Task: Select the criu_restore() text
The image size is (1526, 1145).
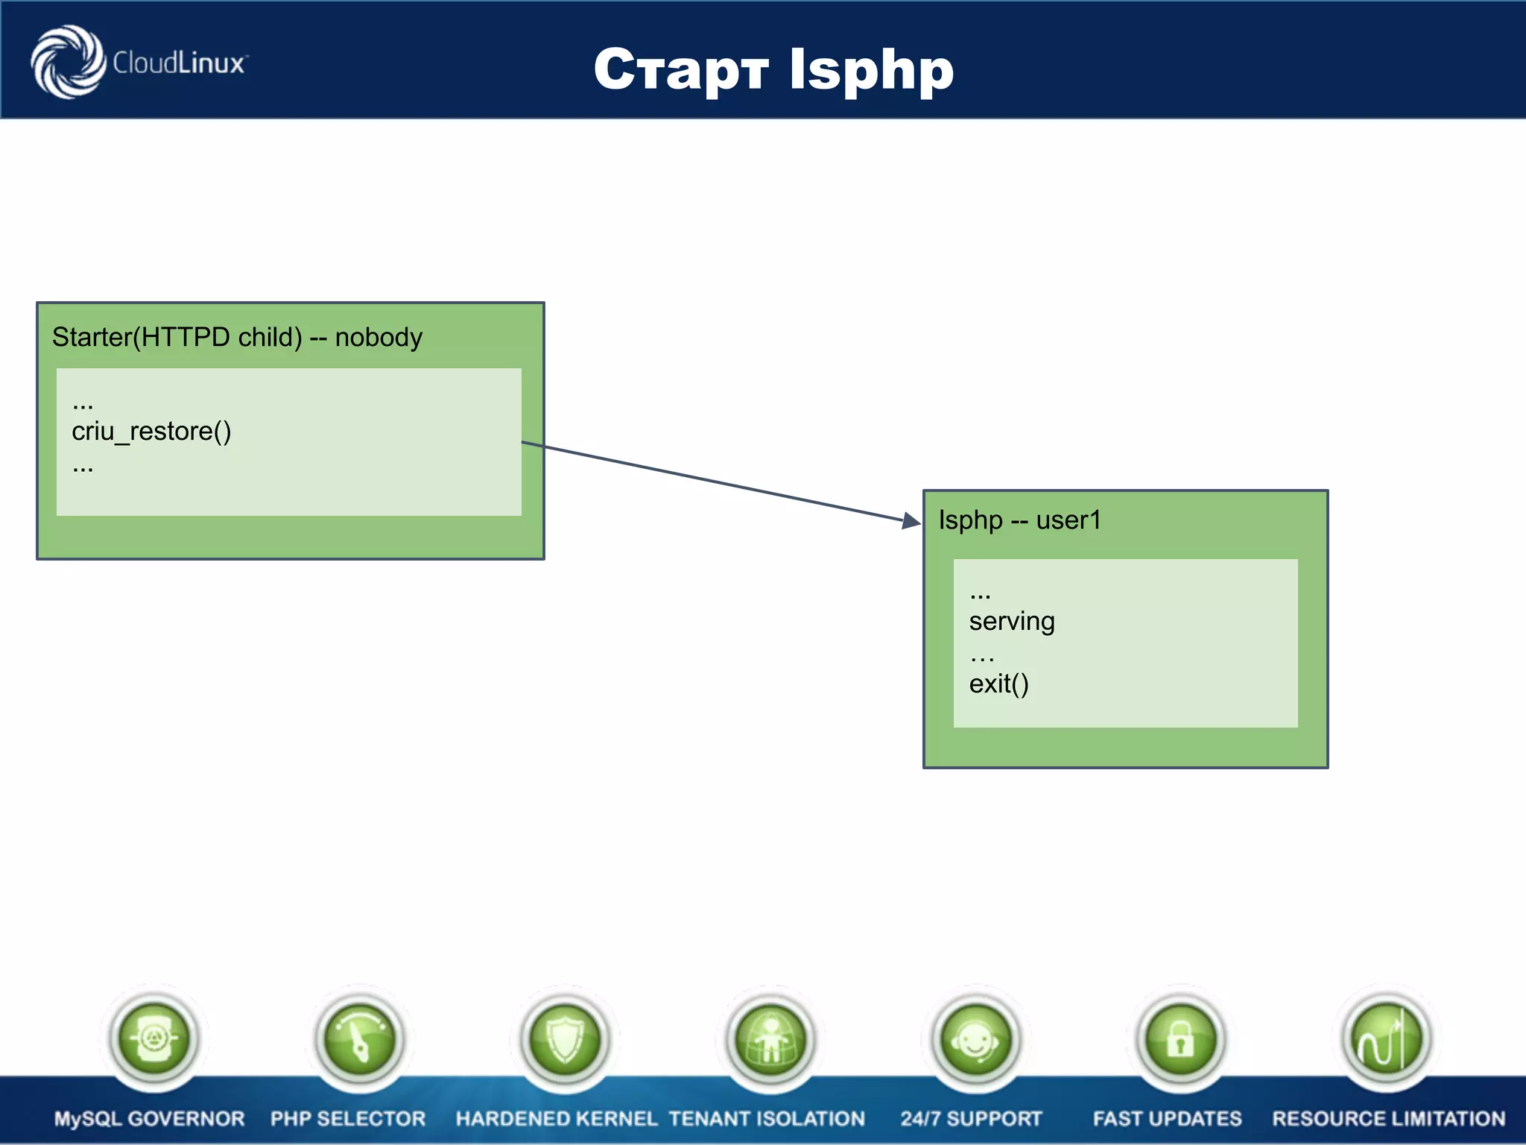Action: pos(151,432)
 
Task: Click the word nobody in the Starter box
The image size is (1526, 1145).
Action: pos(379,338)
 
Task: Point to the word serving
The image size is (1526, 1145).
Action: pos(1011,622)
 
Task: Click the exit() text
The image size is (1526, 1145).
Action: pos(998,684)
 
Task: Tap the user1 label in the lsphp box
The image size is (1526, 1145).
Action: pos(1068,520)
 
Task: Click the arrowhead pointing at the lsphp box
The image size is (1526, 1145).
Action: pos(911,520)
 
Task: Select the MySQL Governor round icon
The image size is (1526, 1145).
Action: pos(153,1038)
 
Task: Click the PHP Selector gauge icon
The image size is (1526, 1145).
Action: pos(359,1038)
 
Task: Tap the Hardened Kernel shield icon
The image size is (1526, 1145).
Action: pos(565,1038)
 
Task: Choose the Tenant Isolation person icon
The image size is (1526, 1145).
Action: pos(770,1038)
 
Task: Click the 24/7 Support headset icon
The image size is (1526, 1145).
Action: pos(975,1038)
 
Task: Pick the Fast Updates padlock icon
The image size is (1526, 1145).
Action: pos(1181,1038)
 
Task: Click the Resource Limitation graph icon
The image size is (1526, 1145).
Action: pos(1386,1038)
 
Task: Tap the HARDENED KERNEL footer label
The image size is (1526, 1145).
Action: pos(556,1119)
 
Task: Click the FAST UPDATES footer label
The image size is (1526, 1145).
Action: pos(1167,1119)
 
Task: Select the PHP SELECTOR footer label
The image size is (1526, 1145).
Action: pos(348,1119)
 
